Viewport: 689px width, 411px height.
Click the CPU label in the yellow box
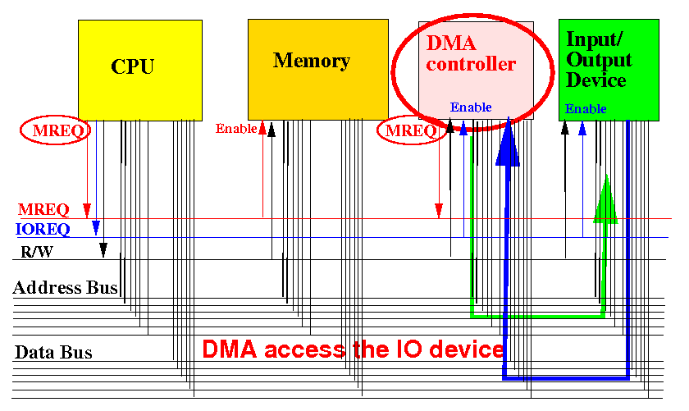(132, 66)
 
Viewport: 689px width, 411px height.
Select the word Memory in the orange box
(312, 61)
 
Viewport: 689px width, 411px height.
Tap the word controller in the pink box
(471, 64)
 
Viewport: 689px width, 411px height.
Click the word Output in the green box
(599, 60)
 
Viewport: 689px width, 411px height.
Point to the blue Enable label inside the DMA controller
(471, 107)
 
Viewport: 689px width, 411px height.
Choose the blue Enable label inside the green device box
(586, 108)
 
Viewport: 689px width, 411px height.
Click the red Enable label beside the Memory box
(236, 128)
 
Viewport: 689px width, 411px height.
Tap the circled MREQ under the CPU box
(57, 130)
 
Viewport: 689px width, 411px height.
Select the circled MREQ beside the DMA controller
(411, 130)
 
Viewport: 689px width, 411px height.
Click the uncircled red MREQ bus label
(43, 209)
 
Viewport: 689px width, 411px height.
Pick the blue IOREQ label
(43, 229)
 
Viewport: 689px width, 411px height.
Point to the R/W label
(37, 252)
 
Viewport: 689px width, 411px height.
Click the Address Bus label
(65, 287)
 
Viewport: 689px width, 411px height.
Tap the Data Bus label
(53, 353)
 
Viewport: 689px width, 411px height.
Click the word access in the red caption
(304, 349)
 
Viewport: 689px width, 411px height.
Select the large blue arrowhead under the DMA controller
(508, 143)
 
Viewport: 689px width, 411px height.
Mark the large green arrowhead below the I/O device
(606, 199)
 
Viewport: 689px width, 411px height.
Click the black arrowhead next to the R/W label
(103, 249)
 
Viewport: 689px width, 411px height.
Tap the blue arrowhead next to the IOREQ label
(96, 227)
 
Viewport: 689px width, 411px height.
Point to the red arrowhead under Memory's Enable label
(262, 127)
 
